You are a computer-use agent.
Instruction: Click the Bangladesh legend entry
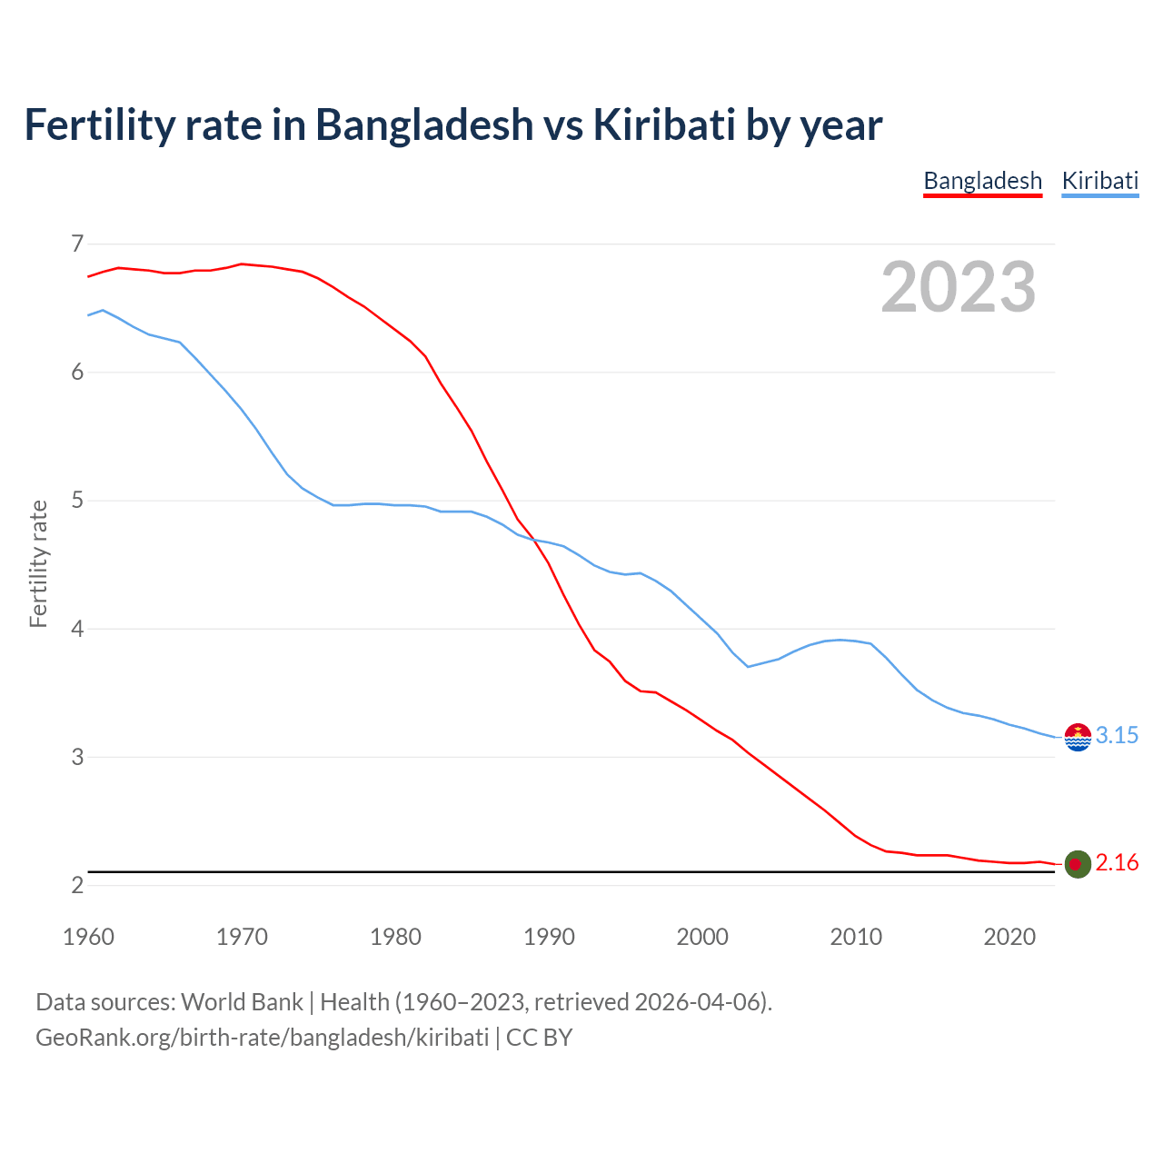982,181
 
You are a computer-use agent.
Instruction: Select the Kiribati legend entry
1099,181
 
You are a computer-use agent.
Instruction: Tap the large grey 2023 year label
958,287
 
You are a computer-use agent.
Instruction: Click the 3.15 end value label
1117,735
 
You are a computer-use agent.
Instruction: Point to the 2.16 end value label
1117,862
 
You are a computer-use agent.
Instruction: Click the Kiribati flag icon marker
1078,737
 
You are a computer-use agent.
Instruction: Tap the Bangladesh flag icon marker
1078,864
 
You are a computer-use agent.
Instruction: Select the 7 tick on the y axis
77,244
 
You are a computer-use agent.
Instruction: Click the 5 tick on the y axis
77,501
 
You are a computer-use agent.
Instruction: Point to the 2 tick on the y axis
77,885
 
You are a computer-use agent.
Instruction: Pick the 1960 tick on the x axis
88,937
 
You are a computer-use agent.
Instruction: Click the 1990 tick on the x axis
549,937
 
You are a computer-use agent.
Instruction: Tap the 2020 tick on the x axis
1009,937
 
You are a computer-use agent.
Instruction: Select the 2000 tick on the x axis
702,937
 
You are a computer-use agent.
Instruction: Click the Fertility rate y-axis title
38,563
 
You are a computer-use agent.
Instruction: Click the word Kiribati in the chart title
664,124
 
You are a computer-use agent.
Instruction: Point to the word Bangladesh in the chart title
424,124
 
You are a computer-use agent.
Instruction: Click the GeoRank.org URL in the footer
262,1038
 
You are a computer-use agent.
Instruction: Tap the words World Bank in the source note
242,1002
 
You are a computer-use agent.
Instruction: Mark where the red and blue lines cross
535,540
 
